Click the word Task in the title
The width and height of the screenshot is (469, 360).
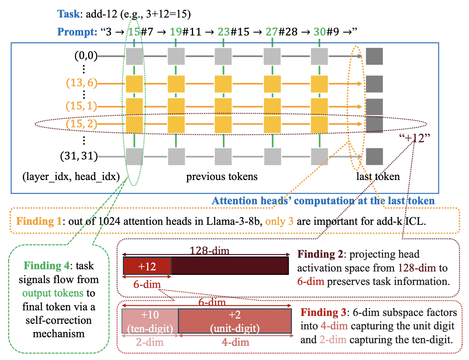(x=68, y=14)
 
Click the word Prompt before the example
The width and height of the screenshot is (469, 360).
(x=77, y=32)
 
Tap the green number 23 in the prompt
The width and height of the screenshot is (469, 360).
(x=224, y=32)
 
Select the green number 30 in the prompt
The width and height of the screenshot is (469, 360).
(x=320, y=32)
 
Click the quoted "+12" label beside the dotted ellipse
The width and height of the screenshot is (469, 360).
(x=414, y=138)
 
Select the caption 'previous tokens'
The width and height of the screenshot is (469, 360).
(x=222, y=177)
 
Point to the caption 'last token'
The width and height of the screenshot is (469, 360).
(x=378, y=177)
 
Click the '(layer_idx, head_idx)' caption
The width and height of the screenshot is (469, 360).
(x=71, y=177)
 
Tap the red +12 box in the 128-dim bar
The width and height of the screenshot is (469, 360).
(x=147, y=266)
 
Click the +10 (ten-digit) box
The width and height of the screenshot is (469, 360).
(x=150, y=321)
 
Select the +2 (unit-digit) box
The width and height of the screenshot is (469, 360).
(x=235, y=321)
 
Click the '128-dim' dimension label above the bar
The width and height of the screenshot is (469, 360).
(x=209, y=251)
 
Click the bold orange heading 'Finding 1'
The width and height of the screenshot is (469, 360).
(x=39, y=221)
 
